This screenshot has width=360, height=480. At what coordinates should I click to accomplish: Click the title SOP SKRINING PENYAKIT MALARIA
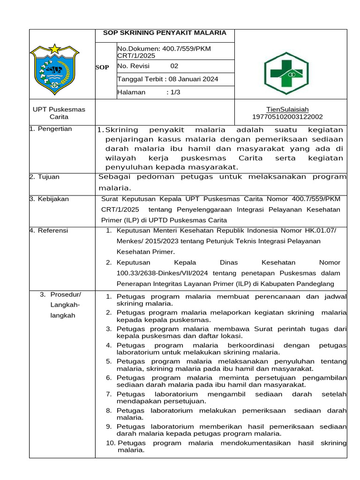click(x=165, y=33)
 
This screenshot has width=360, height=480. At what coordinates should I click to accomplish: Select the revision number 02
click(x=174, y=66)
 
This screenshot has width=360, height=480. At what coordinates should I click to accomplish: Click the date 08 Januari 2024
click(x=193, y=79)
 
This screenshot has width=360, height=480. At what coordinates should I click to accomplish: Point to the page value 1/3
click(x=173, y=92)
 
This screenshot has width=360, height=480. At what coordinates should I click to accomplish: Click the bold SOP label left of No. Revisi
click(x=102, y=67)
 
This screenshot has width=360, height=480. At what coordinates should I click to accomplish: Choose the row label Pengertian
click(x=53, y=129)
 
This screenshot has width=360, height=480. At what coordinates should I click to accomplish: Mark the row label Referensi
click(x=52, y=230)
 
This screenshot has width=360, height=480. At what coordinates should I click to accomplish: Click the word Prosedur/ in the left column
click(x=66, y=294)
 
